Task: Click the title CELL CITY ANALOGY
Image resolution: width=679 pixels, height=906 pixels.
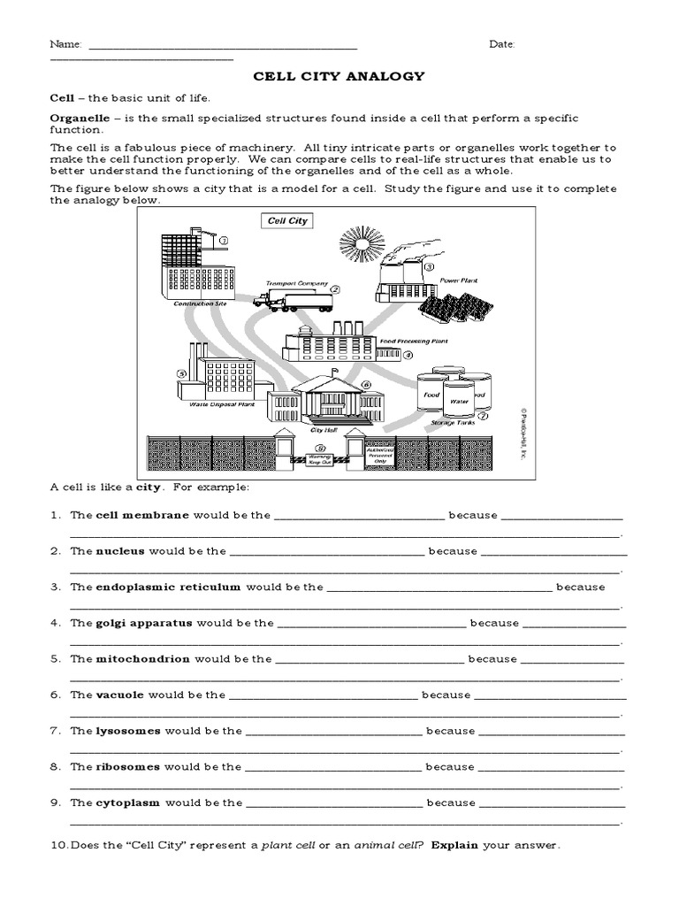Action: [x=339, y=77]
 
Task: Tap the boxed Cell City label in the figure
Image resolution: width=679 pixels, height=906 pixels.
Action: [x=285, y=220]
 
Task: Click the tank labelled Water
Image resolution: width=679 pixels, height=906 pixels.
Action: [x=458, y=400]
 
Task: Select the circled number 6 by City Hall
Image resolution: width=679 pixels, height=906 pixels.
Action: [x=365, y=386]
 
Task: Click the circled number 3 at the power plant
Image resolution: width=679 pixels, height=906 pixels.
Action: [x=430, y=266]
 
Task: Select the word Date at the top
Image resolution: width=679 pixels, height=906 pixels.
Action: [x=501, y=44]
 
